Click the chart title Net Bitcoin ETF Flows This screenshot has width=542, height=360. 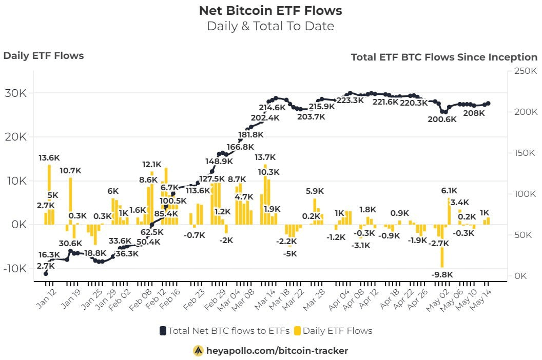point(270,10)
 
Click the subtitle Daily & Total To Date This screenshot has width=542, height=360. point(270,26)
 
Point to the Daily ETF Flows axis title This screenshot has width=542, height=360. point(44,56)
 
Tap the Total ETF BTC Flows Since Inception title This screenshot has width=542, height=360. point(444,57)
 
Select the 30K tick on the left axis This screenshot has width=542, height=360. point(16,93)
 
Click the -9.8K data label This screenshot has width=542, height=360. point(442,274)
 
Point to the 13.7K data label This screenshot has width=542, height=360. point(265,157)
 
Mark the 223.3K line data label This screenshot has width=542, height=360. point(350,101)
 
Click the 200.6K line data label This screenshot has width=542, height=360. point(442,119)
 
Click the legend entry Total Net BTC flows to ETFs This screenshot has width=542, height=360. point(225,331)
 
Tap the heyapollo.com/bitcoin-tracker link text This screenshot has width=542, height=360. point(277,351)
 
